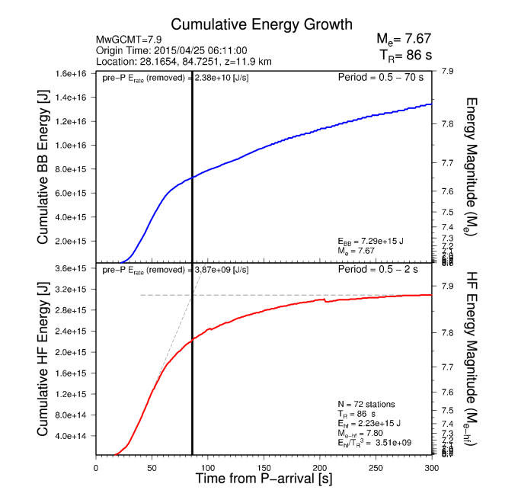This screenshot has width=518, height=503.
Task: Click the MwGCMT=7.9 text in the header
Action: click(x=126, y=40)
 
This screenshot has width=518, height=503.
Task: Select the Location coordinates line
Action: click(x=184, y=61)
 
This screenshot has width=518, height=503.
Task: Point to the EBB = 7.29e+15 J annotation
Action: click(x=371, y=241)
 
